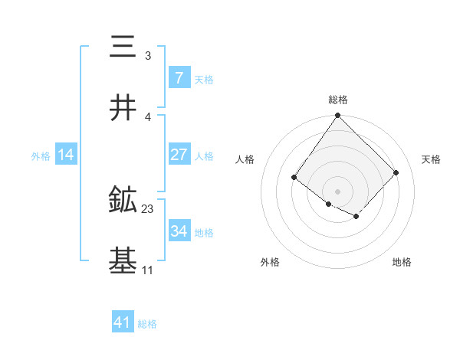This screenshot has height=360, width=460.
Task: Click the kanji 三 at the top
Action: coord(123,47)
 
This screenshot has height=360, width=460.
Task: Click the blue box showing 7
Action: coord(179,77)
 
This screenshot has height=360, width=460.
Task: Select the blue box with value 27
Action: coord(179,155)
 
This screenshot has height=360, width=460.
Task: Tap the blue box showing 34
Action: coord(179,231)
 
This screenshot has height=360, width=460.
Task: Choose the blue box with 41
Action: coord(123,322)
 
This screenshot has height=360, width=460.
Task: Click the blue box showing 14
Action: coord(66,155)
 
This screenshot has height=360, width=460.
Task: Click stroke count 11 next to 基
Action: coord(147,270)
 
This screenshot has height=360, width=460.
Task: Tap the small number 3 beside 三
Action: coord(148,56)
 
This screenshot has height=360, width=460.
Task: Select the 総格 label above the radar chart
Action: coord(337,100)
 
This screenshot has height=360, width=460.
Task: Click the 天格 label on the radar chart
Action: coord(432,159)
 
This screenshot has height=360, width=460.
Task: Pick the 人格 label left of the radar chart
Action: coord(245,159)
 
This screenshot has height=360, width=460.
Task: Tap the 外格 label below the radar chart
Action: coord(270,263)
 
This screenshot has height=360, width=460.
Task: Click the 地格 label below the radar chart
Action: coord(402,263)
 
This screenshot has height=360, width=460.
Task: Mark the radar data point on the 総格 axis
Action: coord(337,116)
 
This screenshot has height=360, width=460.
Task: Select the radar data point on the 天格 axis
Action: coord(396,172)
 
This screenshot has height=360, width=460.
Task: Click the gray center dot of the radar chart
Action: coord(337,191)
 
